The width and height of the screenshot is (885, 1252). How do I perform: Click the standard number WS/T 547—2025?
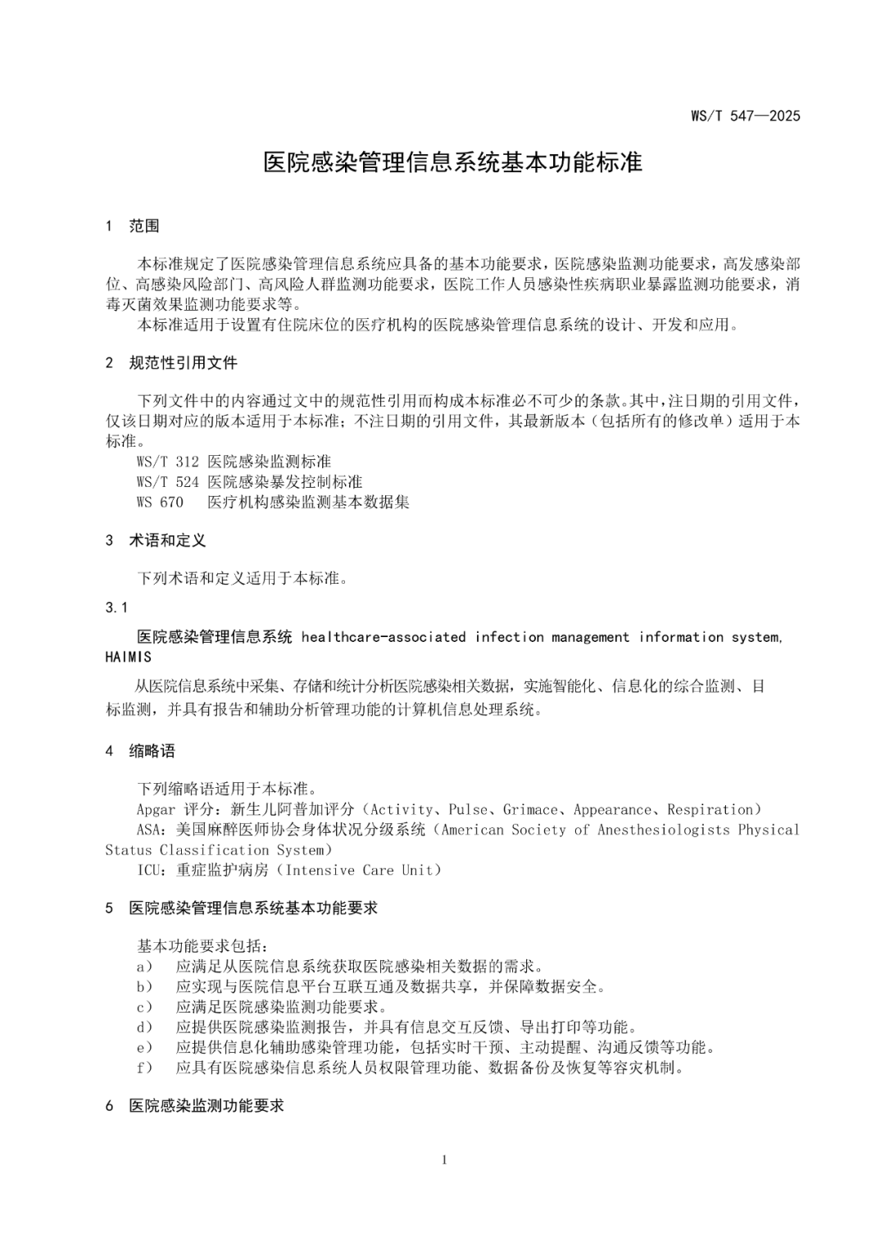[x=745, y=116]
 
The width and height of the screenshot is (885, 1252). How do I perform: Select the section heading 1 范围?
[x=133, y=226]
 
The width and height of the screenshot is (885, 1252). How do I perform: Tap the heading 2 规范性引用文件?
[x=171, y=362]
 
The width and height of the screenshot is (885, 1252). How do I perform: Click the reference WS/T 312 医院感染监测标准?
[x=234, y=462]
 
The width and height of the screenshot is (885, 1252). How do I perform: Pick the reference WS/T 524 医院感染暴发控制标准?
[x=249, y=482]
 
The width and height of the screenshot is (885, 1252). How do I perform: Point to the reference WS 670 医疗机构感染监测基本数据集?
[x=273, y=502]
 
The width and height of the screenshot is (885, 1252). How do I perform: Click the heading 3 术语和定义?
[x=156, y=540]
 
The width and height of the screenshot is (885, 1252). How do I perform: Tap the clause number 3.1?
[x=116, y=608]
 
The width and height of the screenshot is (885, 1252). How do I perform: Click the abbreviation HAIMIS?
[x=129, y=657]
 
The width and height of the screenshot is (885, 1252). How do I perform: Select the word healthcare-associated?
[x=383, y=637]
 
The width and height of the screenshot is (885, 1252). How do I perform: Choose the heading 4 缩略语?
[x=140, y=751]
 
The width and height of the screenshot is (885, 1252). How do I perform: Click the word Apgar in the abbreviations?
[x=156, y=810]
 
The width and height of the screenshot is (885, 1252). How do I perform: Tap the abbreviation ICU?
[x=149, y=870]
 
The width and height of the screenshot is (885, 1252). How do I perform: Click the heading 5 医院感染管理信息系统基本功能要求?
[x=242, y=908]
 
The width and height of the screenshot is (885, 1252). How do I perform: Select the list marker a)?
[x=144, y=967]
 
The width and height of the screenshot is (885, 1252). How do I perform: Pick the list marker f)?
[x=144, y=1068]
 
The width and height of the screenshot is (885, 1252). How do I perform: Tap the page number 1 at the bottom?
[x=443, y=1159]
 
